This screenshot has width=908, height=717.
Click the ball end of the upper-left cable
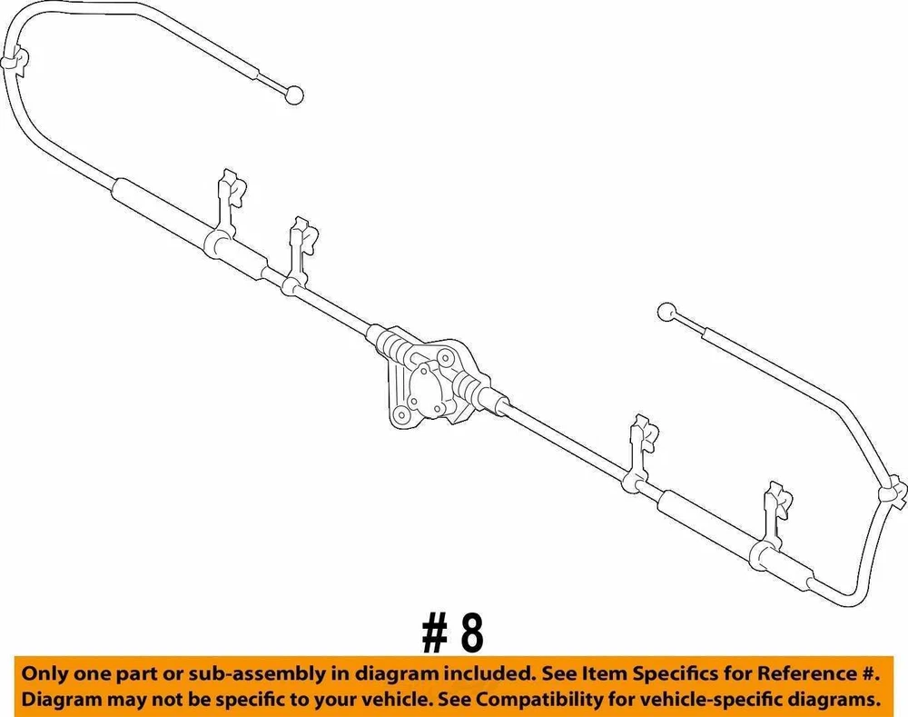coord(295,94)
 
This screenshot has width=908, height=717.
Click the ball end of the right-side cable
coord(666,312)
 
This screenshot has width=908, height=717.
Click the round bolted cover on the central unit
coord(427,387)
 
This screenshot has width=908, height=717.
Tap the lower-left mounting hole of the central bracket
coord(400,414)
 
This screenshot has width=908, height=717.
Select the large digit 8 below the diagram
coord(470,633)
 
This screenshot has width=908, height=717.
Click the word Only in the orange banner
coord(44,673)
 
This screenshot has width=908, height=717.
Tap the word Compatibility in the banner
coord(544,700)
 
